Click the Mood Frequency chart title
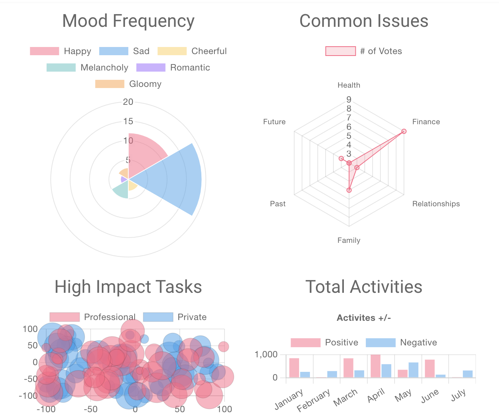[128, 21]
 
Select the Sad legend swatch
[113, 51]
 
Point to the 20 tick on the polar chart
[128, 102]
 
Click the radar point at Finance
[404, 131]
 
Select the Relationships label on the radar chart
[436, 204]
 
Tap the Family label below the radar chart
[349, 240]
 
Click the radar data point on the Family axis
[349, 190]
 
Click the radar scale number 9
[349, 100]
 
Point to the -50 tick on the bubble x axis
[90, 409]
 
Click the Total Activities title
[364, 287]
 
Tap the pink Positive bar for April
[375, 366]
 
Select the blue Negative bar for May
[413, 370]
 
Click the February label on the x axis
[314, 400]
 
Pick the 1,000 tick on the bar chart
[266, 354]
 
